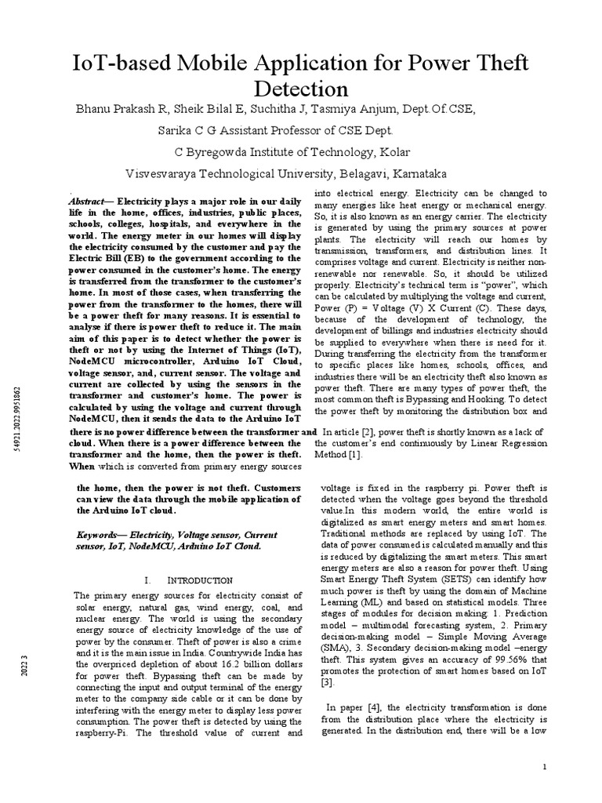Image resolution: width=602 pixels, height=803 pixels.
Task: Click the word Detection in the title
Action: (x=301, y=85)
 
